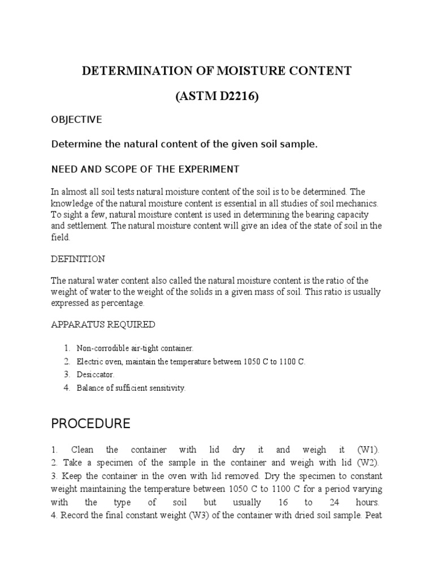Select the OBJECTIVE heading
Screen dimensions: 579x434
click(x=76, y=119)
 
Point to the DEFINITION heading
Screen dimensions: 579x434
click(x=78, y=259)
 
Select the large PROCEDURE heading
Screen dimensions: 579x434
click(x=90, y=424)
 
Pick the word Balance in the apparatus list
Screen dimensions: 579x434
click(x=90, y=388)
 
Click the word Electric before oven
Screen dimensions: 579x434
click(x=89, y=361)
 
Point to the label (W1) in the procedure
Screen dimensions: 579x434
click(x=369, y=450)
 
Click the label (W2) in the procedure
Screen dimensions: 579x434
click(x=368, y=463)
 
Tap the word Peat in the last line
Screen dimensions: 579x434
click(x=373, y=515)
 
